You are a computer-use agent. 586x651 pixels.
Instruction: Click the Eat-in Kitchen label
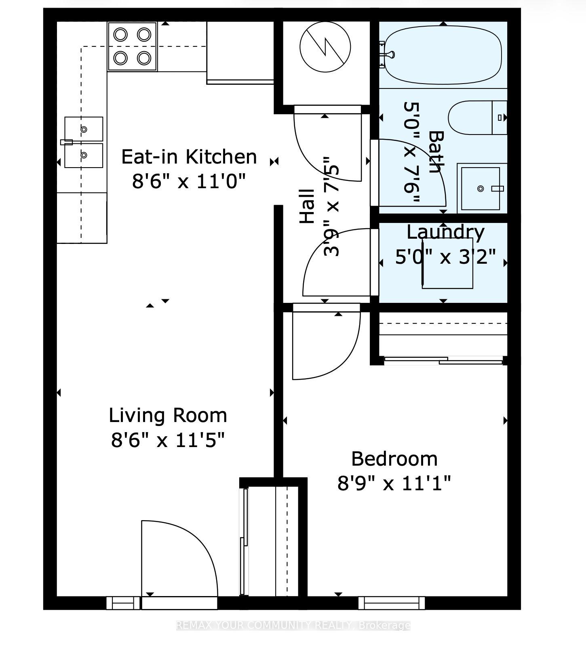189,157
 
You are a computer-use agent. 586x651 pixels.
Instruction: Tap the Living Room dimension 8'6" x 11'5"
167,440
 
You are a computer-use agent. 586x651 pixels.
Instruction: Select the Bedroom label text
394,459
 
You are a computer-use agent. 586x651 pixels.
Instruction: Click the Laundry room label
445,232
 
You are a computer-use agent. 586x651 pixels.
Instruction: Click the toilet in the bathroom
477,118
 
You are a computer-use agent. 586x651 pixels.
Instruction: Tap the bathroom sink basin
480,188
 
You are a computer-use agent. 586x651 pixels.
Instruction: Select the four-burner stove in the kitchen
132,46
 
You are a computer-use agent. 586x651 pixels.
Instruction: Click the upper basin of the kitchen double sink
84,129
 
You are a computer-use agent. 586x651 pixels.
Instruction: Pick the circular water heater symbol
325,47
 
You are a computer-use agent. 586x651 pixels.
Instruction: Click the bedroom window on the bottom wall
391,603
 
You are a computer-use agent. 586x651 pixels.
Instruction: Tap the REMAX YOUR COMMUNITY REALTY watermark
293,626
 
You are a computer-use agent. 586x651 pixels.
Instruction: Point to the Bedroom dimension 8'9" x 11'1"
394,483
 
